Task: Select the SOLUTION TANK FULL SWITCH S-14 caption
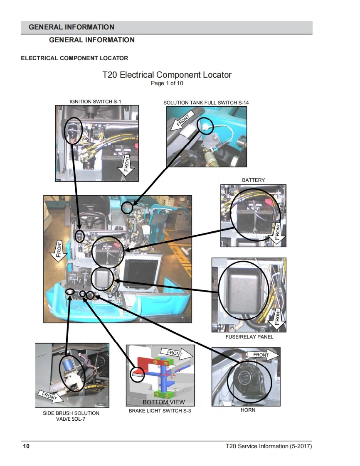click(206, 103)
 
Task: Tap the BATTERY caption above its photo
click(253, 180)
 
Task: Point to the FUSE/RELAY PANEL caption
click(249, 337)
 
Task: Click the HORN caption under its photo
click(248, 410)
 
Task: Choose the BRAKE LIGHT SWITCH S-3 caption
click(160, 411)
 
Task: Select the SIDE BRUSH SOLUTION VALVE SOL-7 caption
click(71, 416)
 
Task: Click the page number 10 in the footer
click(26, 446)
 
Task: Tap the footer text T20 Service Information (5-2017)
click(269, 446)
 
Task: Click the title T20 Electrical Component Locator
click(167, 75)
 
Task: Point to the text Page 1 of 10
click(167, 83)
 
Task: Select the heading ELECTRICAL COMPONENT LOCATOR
click(74, 58)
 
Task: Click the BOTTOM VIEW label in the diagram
click(163, 402)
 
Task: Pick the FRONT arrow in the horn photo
click(262, 355)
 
